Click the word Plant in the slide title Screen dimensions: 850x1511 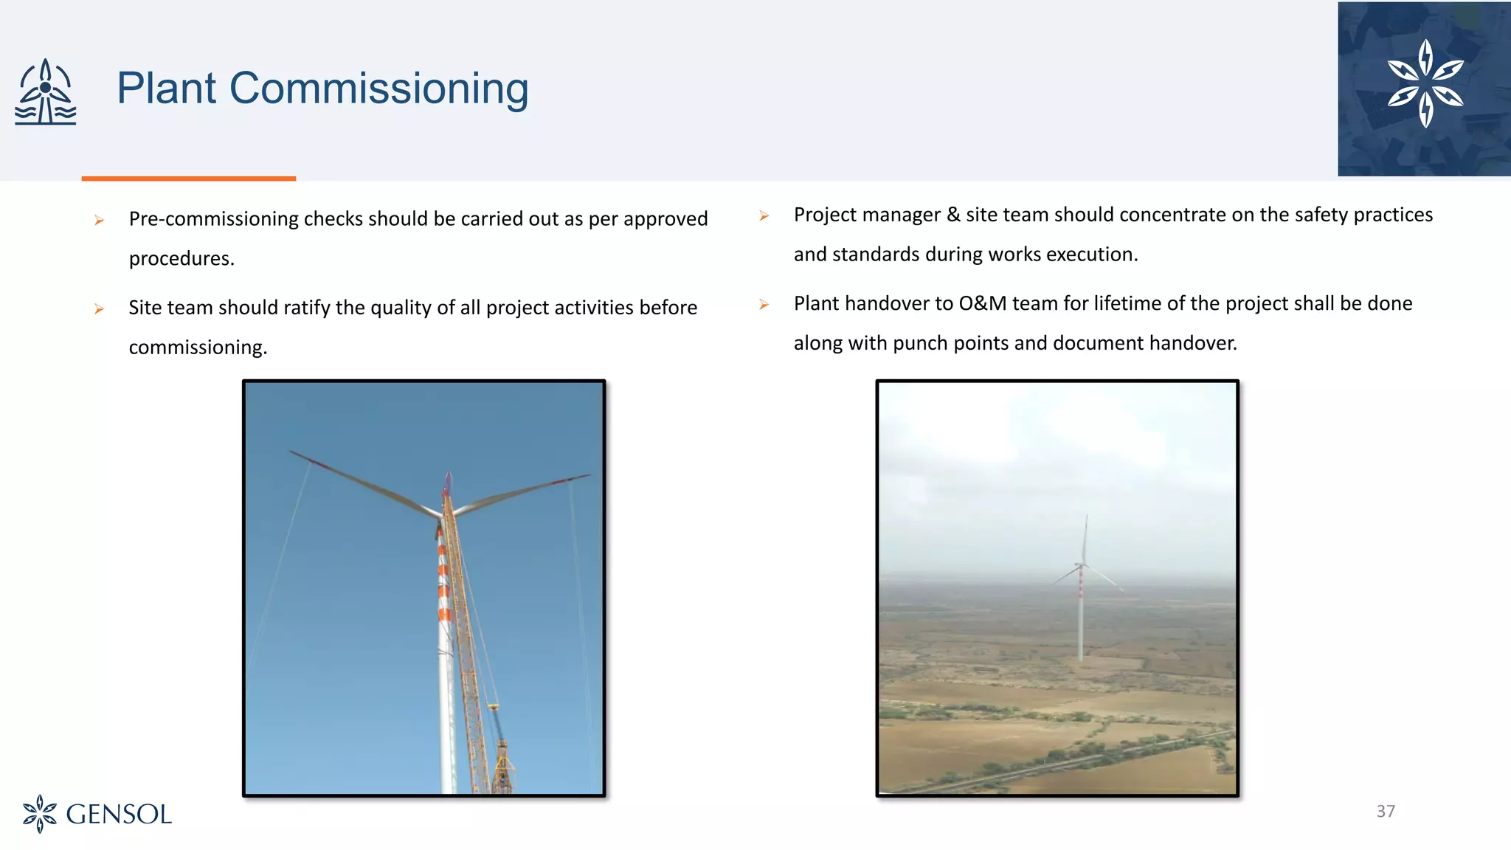coord(167,89)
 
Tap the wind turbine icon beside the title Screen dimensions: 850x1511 coord(46,91)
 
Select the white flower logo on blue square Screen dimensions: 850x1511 coord(1425,84)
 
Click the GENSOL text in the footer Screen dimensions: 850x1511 coord(119,815)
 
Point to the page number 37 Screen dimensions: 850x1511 coord(1386,812)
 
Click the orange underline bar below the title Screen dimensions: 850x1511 coord(189,179)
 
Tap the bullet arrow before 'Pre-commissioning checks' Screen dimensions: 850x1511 coord(100,220)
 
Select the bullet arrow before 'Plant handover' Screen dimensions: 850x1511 coord(764,305)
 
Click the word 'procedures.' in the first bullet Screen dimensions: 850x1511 coord(181,259)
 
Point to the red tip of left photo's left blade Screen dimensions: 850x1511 coord(310,459)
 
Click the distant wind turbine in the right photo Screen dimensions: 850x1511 coord(1081,583)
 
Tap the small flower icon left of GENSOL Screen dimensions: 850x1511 coord(40,814)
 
